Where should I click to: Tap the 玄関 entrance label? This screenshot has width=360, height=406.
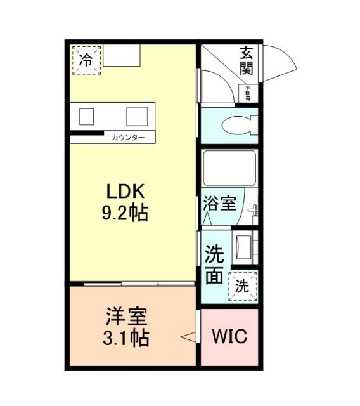[x=247, y=62]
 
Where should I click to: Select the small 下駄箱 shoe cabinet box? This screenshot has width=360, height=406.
[x=247, y=94]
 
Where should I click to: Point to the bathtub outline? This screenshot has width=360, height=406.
[x=228, y=168]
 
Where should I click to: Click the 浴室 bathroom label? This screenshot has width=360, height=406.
[x=220, y=204]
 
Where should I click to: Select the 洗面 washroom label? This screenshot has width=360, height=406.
[x=214, y=265]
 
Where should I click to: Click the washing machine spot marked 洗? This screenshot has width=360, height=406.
[x=243, y=285]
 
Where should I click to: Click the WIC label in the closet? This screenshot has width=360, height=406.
[x=229, y=336]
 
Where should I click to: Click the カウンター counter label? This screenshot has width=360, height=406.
[x=128, y=138]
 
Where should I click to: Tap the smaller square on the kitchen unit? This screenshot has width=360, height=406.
[x=86, y=115]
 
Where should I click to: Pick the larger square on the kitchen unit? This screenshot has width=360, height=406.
[x=136, y=116]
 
